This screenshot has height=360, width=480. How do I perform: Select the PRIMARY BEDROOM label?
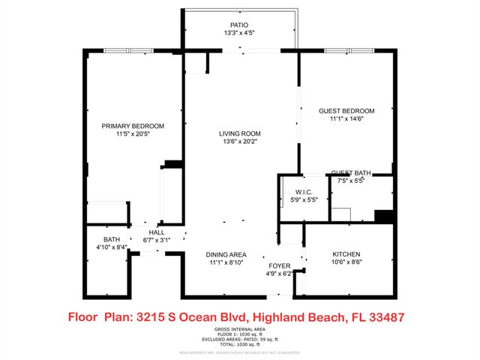pos(133,126)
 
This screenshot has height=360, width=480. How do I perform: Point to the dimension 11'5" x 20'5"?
pos(133,134)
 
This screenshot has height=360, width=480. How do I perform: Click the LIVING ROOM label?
pos(240,133)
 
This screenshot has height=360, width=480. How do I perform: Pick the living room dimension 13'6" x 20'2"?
pos(240,142)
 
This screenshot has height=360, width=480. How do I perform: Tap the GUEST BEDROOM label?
pos(346,111)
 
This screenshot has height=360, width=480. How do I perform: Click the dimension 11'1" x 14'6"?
pos(346,119)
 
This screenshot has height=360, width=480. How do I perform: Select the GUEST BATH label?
pos(351,172)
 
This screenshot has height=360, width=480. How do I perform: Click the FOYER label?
pos(280,266)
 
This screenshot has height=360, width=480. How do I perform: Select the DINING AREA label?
pos(226,254)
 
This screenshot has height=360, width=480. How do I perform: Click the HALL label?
pos(157,232)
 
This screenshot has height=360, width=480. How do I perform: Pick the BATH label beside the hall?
pos(112,239)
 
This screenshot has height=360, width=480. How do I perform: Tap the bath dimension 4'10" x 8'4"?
pos(112,247)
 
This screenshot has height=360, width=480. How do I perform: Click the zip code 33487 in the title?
pos(385,317)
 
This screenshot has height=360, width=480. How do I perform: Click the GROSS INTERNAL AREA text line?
pos(239,329)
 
